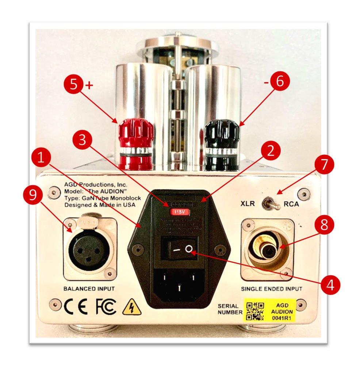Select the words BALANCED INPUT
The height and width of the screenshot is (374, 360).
click(89, 289)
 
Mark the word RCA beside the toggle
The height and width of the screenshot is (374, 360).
click(291, 204)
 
